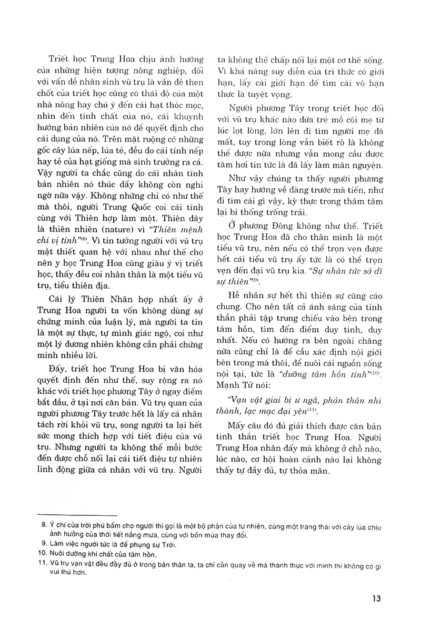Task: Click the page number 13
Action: point(375,598)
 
